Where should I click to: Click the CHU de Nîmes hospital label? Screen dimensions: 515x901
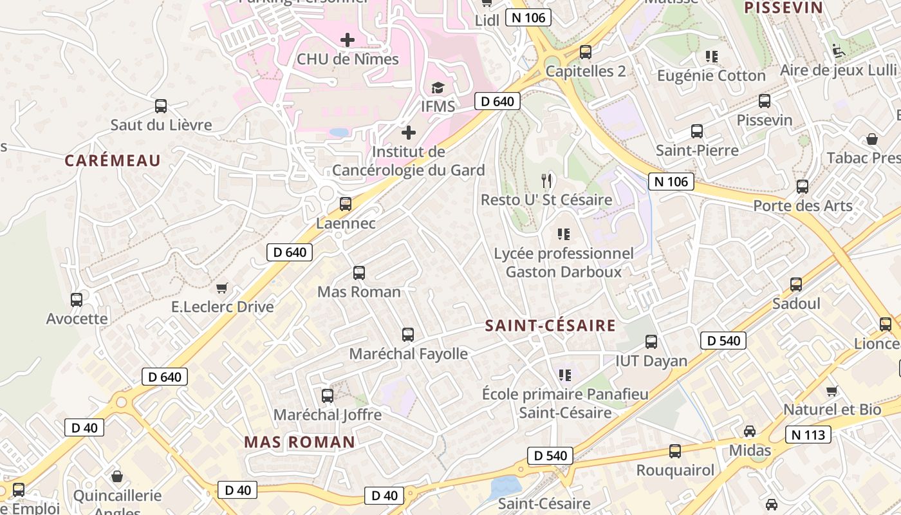pyautogui.click(x=348, y=59)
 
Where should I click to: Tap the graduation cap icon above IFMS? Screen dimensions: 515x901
pyautogui.click(x=438, y=88)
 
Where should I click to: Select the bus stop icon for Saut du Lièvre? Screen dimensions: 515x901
pyautogui.click(x=161, y=106)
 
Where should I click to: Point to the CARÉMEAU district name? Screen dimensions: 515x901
pyautogui.click(x=113, y=160)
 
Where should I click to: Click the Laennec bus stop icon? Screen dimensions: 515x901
pyautogui.click(x=346, y=204)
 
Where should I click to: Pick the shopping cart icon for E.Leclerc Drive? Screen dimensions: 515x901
pyautogui.click(x=222, y=288)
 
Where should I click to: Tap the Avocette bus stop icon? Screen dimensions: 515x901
pyautogui.click(x=77, y=299)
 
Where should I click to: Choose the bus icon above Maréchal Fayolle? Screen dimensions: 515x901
pyautogui.click(x=408, y=335)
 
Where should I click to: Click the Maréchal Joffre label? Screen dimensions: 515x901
pyautogui.click(x=328, y=415)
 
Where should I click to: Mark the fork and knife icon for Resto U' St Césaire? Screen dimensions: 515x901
pyautogui.click(x=546, y=180)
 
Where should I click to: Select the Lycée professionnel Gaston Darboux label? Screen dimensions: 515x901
pyautogui.click(x=564, y=263)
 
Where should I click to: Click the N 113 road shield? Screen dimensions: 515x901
pyautogui.click(x=808, y=435)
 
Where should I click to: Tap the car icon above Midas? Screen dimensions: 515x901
pyautogui.click(x=750, y=431)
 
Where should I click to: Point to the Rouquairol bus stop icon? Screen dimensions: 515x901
pyautogui.click(x=675, y=451)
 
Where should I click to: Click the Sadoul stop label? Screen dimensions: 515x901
pyautogui.click(x=796, y=303)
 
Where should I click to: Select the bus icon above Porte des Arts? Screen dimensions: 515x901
pyautogui.click(x=803, y=187)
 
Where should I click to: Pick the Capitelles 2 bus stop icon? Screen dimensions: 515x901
pyautogui.click(x=586, y=52)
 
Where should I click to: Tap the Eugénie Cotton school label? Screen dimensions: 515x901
pyautogui.click(x=711, y=75)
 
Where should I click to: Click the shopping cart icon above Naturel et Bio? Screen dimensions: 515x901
pyautogui.click(x=832, y=391)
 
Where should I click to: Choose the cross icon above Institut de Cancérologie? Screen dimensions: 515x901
pyautogui.click(x=409, y=133)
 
